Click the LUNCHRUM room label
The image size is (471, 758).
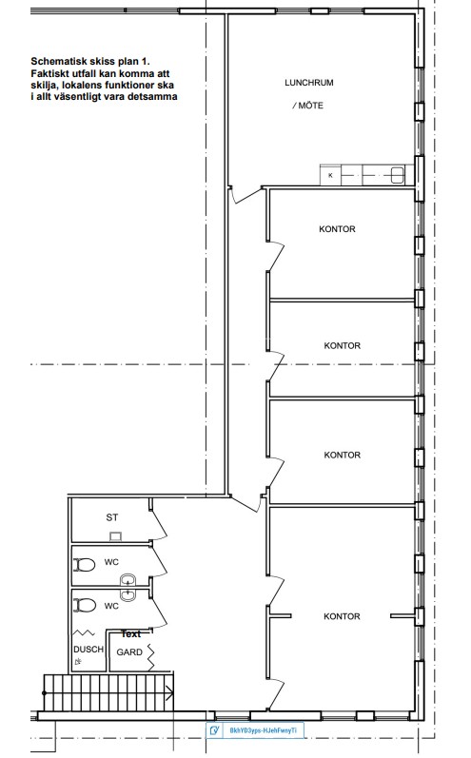pos(309,83)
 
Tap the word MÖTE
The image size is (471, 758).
pos(311,106)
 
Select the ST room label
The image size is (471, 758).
pos(111,517)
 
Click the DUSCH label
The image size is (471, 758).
pos(88,650)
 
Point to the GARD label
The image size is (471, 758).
pos(129,652)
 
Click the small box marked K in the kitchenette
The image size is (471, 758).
pos(331,175)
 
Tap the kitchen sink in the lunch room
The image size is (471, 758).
pos(398,175)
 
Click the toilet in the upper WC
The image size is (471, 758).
pos(85,565)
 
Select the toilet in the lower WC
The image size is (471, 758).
pos(85,605)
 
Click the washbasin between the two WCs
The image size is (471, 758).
pos(128,587)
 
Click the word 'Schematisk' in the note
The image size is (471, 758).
pos(54,62)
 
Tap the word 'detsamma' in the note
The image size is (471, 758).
pos(155,96)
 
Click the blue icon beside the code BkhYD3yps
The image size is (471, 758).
pos(215,730)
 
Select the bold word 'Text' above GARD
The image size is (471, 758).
pos(131,633)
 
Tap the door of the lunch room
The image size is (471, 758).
pos(245,195)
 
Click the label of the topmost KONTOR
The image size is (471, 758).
pos(337,229)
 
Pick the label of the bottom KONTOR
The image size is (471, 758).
pos(342,616)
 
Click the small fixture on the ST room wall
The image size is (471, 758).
pos(115,536)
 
